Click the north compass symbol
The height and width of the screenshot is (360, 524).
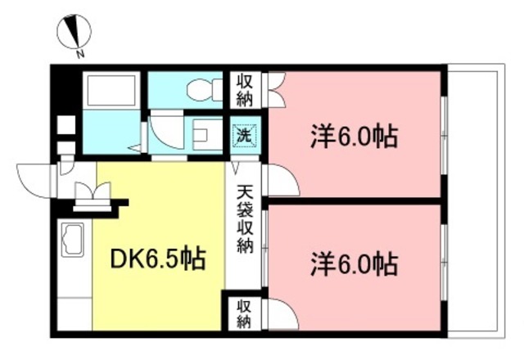click(x=74, y=32)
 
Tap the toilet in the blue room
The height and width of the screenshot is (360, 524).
click(x=204, y=89)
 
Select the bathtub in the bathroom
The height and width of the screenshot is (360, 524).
click(x=111, y=90)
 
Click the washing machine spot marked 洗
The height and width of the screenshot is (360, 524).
click(x=244, y=135)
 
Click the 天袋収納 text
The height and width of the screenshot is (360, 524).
click(x=245, y=219)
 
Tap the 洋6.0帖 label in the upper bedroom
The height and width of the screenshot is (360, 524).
click(x=355, y=137)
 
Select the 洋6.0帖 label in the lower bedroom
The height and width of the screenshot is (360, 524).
click(x=355, y=265)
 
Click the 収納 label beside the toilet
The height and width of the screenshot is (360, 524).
click(x=245, y=90)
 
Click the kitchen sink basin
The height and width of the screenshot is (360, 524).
click(x=73, y=240)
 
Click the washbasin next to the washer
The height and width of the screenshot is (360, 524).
click(x=207, y=135)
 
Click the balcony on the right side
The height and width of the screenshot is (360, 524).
click(x=476, y=201)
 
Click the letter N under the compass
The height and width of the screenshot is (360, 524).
click(x=79, y=54)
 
